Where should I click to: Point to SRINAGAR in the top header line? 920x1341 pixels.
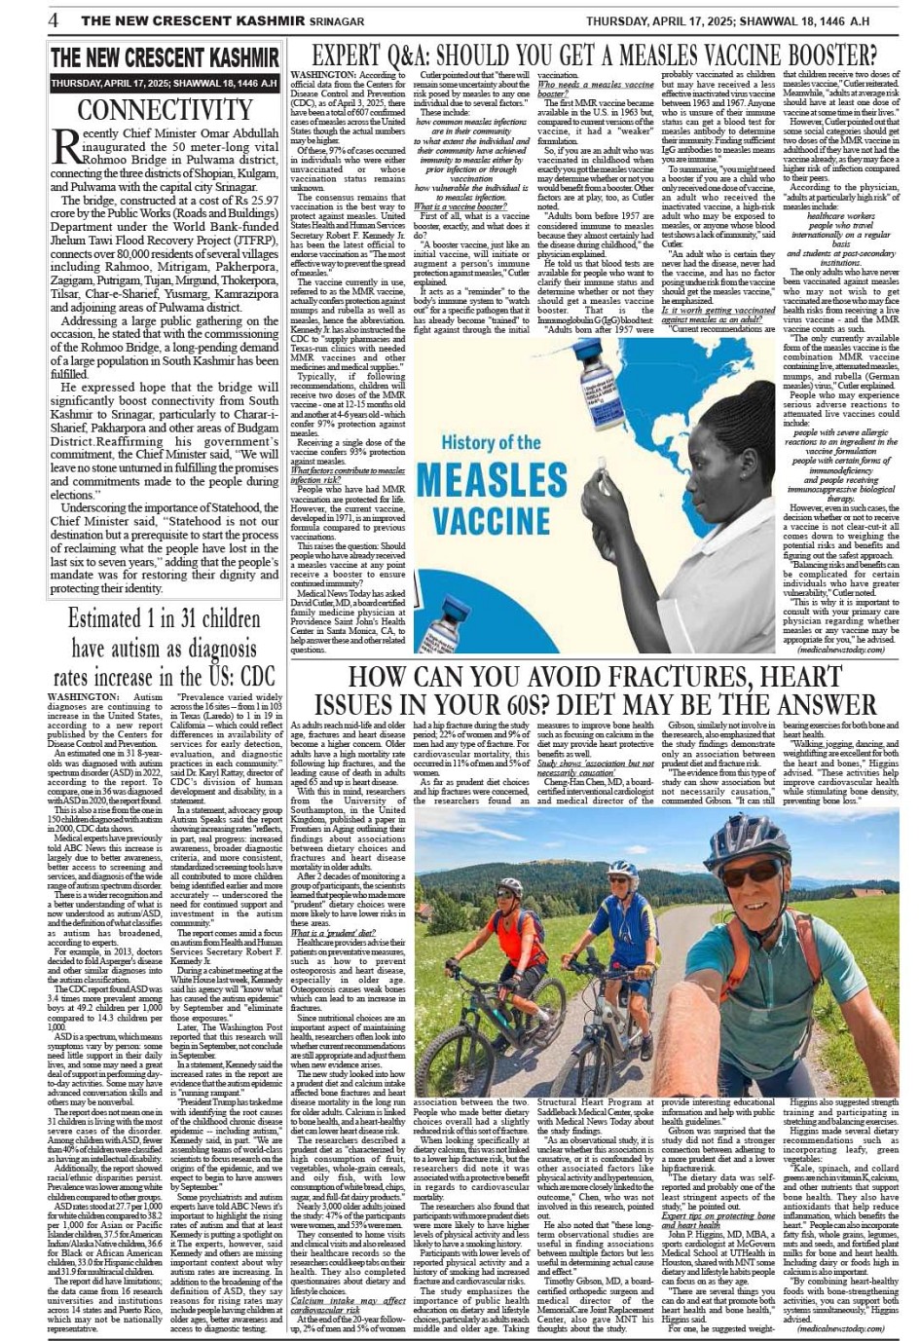[327, 20]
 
